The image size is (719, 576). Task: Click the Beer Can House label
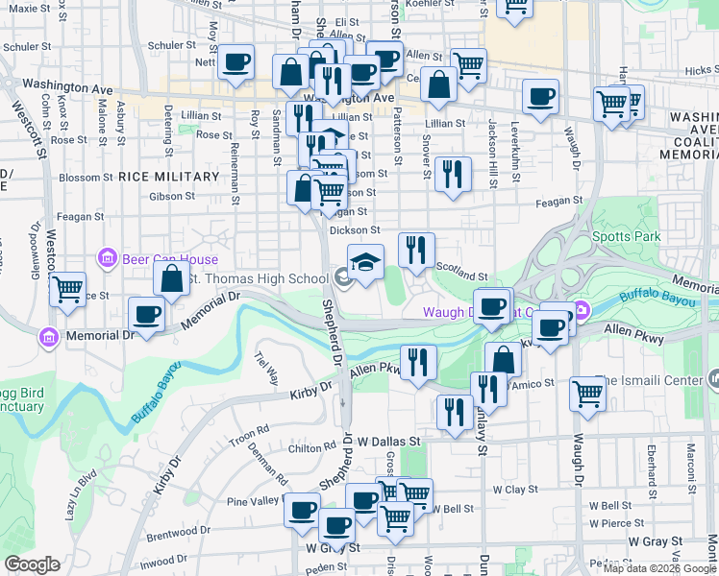click(169, 259)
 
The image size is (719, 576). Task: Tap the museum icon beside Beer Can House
click(107, 259)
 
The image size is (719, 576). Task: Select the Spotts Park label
click(641, 236)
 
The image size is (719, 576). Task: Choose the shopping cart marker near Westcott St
click(67, 288)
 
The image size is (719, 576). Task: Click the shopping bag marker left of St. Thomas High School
click(171, 278)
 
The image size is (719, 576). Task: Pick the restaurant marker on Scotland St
click(416, 250)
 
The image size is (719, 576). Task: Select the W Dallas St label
click(390, 442)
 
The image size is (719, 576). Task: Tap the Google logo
click(32, 564)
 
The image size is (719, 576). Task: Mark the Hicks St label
click(702, 70)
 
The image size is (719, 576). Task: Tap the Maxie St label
click(29, 8)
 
